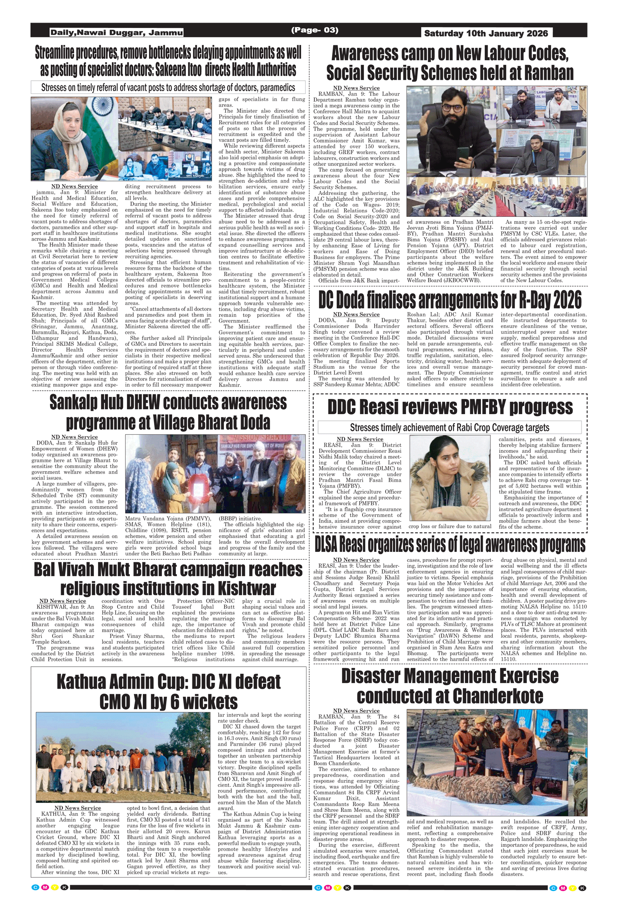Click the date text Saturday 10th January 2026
point(486,33)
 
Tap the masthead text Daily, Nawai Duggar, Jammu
point(116,33)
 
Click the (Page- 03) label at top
point(315,30)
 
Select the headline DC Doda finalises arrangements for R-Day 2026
point(450,300)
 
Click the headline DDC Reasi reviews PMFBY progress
point(450,407)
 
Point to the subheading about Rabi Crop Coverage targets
point(449,427)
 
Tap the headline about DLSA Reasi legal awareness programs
point(450,545)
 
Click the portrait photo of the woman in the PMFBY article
point(449,478)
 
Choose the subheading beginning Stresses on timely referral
point(168,87)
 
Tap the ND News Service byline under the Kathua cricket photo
point(77,808)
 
